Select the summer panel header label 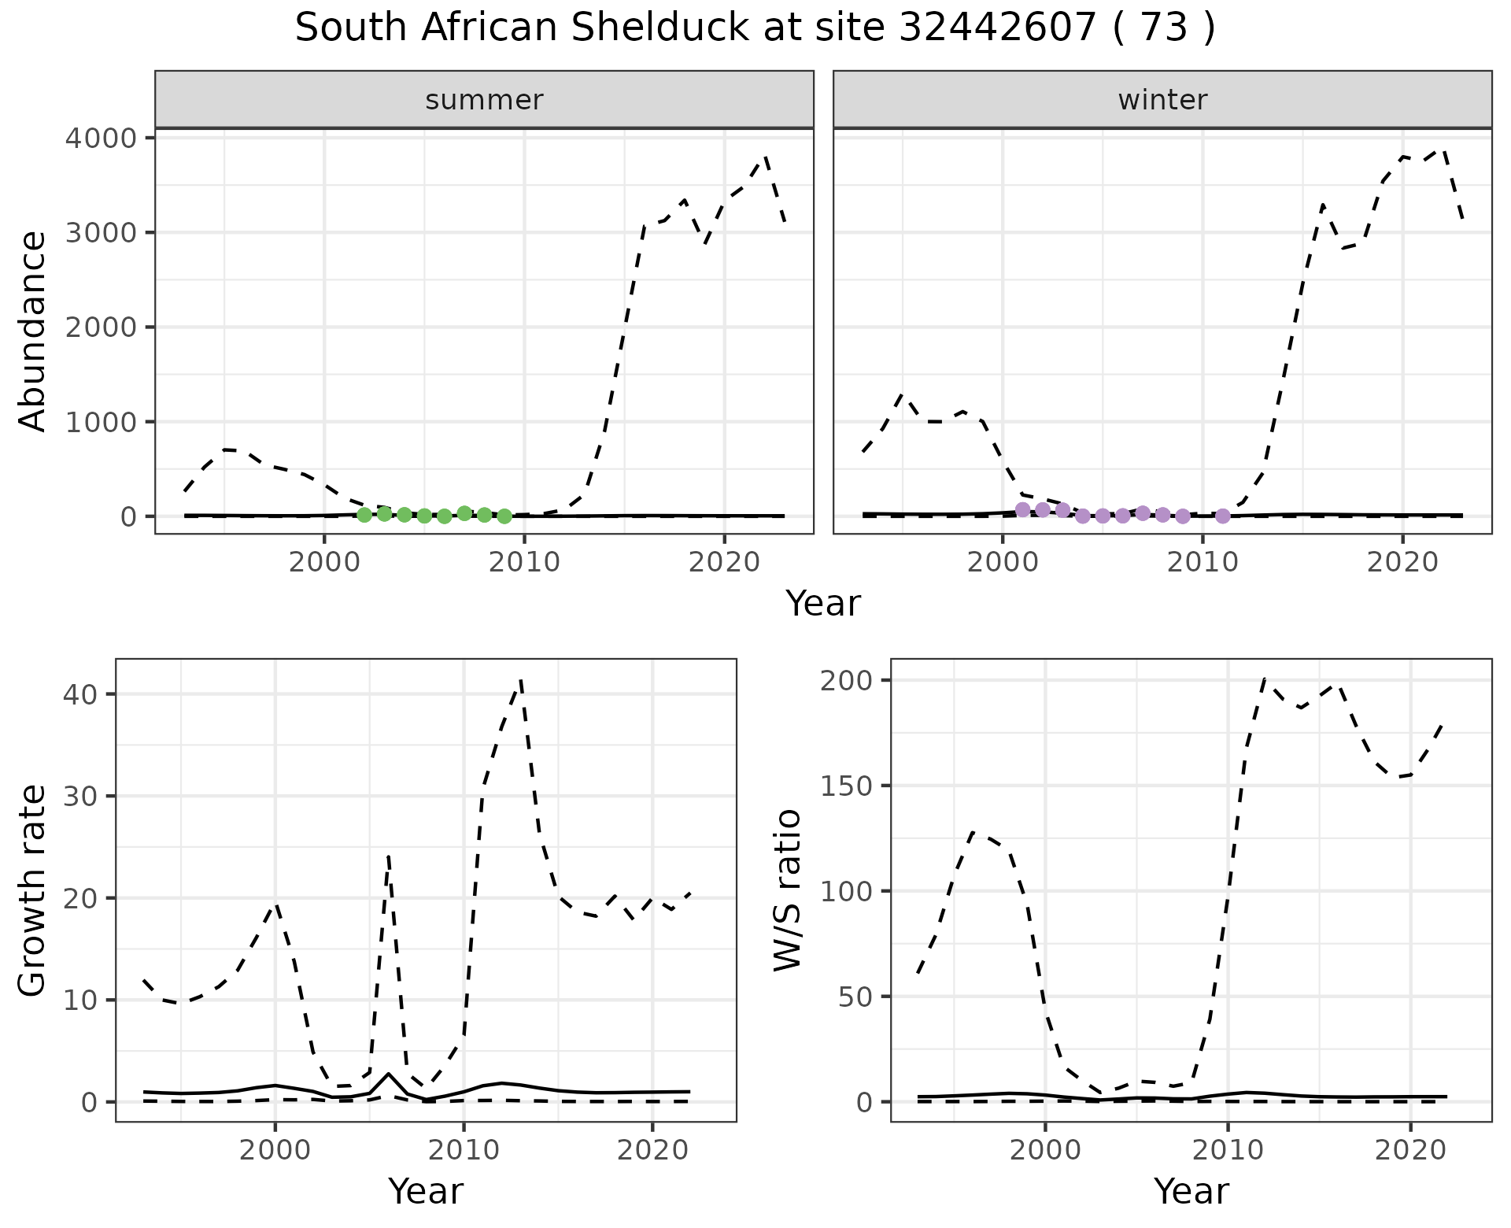pos(484,100)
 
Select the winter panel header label pos(1162,100)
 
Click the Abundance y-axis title pos(33,331)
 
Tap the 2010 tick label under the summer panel pos(524,563)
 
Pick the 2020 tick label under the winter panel pos(1402,563)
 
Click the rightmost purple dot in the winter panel pos(1222,516)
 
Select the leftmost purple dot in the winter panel pos(1022,509)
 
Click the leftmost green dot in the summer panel pos(364,515)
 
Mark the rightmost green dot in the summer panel pos(504,516)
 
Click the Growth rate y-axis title pos(33,890)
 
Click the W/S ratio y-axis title pos(787,890)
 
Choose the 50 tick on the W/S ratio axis pos(855,997)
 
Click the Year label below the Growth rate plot pos(426,1191)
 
